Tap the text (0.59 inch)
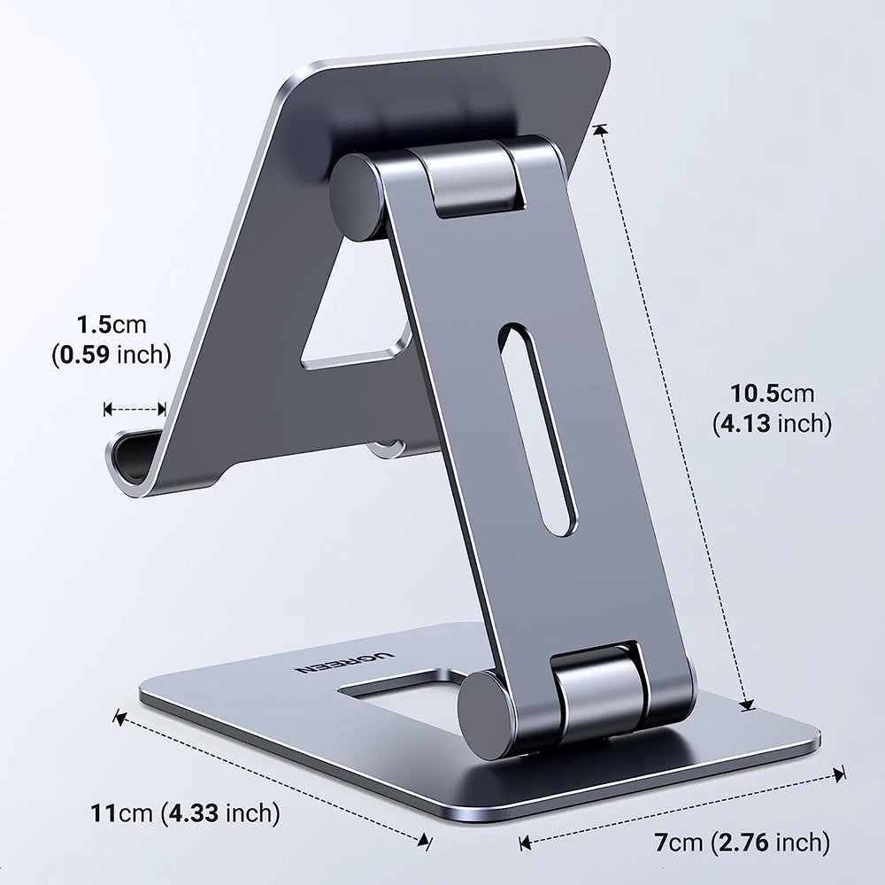(110, 356)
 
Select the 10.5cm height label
(772, 393)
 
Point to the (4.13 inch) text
(772, 424)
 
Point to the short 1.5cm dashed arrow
(135, 409)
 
